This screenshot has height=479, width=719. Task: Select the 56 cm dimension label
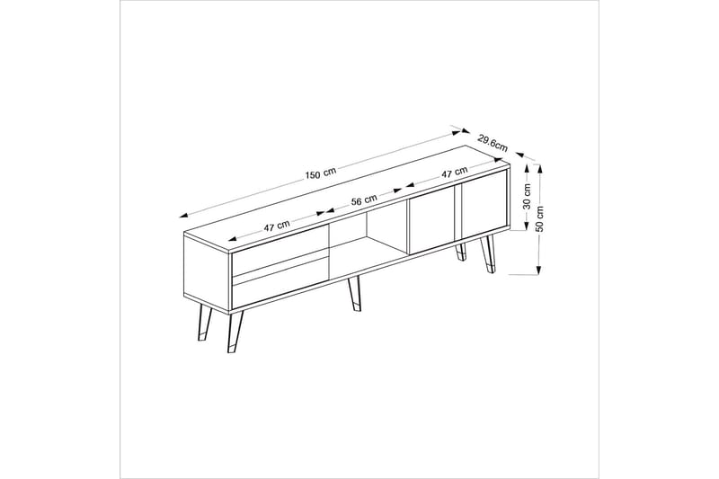tap(364, 201)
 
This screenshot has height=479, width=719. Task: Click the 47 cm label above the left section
tap(276, 226)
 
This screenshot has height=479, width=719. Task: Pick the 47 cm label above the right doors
tap(454, 172)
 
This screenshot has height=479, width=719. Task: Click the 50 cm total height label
tap(539, 218)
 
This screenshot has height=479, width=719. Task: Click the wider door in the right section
tap(432, 222)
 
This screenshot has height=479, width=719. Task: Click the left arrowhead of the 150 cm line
tap(183, 215)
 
